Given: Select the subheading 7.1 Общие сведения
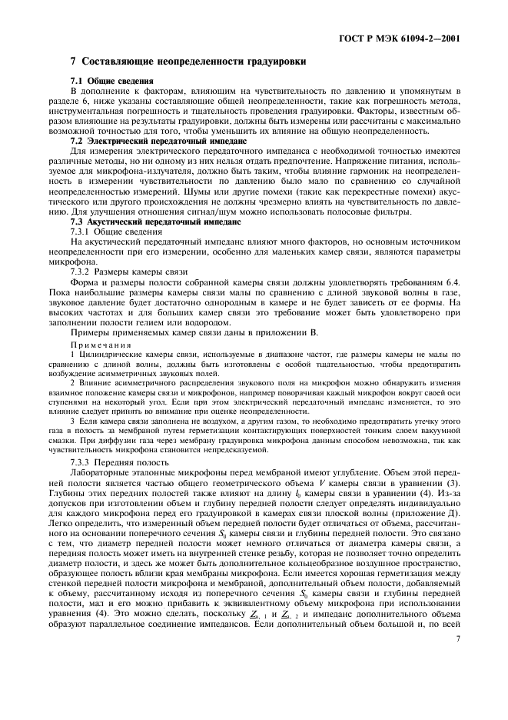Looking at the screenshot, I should (105, 81).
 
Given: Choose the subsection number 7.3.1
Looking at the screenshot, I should (81, 231).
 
